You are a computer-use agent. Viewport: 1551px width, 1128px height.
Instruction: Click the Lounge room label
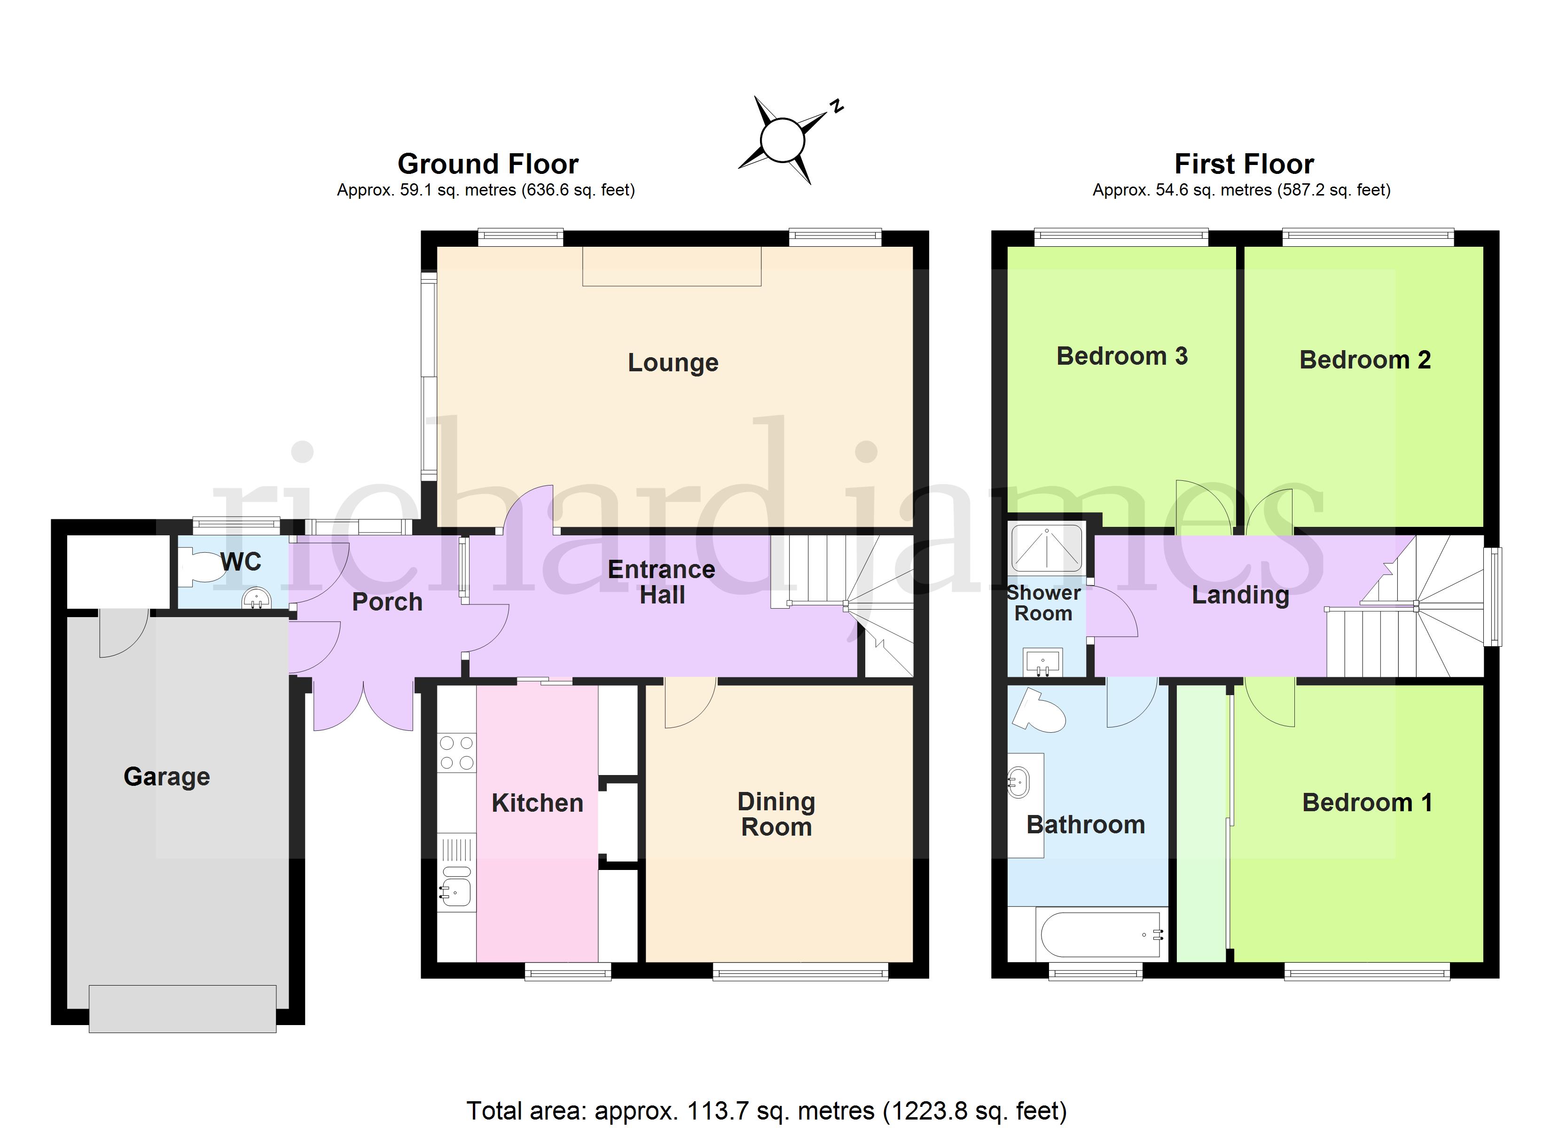coord(673,362)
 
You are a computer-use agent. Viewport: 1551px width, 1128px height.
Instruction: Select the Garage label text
coord(167,777)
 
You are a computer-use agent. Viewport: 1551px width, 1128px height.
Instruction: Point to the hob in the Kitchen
coord(457,752)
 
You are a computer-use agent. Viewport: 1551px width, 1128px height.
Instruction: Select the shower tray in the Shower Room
coord(1046,547)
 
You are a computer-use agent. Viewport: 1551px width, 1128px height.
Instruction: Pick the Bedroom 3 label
coord(1122,356)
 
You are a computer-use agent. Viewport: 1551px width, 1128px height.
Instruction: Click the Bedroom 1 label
coord(1367,802)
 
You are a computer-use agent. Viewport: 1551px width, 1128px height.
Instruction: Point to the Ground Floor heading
coord(488,164)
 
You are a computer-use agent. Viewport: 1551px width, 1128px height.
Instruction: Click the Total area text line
coord(767,1111)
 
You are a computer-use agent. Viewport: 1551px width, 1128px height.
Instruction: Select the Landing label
coord(1240,595)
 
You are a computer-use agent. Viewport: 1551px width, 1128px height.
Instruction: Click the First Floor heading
coord(1244,164)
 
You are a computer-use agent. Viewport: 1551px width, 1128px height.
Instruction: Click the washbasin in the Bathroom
coord(1018,782)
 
